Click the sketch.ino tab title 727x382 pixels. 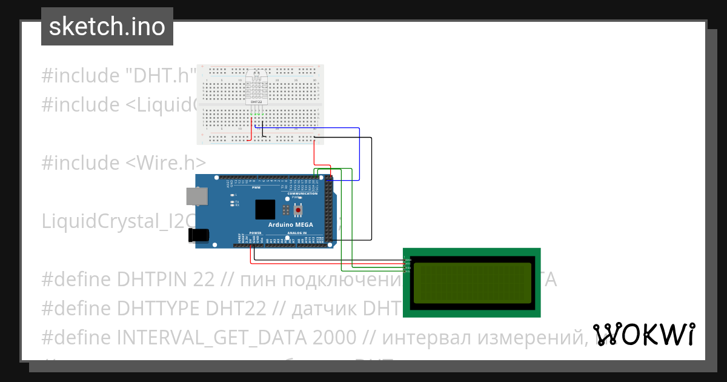click(107, 27)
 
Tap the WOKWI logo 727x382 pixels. click(643, 334)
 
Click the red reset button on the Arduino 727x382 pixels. click(298, 210)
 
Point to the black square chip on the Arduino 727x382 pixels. click(265, 209)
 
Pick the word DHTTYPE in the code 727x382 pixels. click(159, 308)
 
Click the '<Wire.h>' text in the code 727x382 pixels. click(166, 163)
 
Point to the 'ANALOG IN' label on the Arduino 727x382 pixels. click(296, 233)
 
